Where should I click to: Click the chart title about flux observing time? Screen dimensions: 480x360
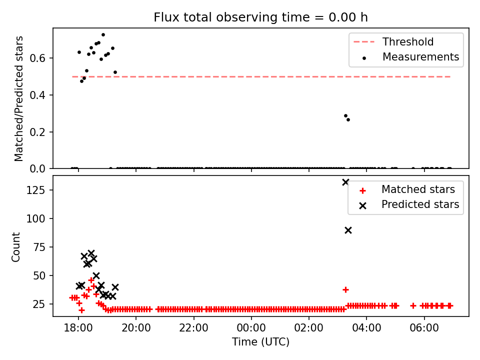point(260,17)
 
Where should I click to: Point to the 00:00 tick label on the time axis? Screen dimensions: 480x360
point(251,328)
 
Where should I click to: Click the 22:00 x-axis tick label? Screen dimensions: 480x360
point(194,328)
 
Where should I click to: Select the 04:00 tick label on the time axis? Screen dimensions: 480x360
point(366,328)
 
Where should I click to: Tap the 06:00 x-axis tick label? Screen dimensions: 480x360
point(424,328)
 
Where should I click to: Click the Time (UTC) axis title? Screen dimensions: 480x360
point(260,341)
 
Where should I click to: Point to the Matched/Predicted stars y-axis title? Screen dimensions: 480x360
point(18,98)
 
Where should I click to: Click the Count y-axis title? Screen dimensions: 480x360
point(15,247)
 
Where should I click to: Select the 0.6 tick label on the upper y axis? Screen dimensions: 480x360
point(37,58)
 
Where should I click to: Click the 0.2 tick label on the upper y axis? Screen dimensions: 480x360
point(37,132)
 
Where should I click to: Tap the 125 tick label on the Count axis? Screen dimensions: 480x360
point(36,190)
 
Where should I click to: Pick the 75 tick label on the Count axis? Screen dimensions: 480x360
point(39,247)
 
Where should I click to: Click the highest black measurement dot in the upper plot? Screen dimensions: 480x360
point(103,35)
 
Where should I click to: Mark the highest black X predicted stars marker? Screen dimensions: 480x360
point(345,182)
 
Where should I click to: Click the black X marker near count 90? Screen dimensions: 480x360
point(348,230)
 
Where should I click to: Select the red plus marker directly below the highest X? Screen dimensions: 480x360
point(345,289)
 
